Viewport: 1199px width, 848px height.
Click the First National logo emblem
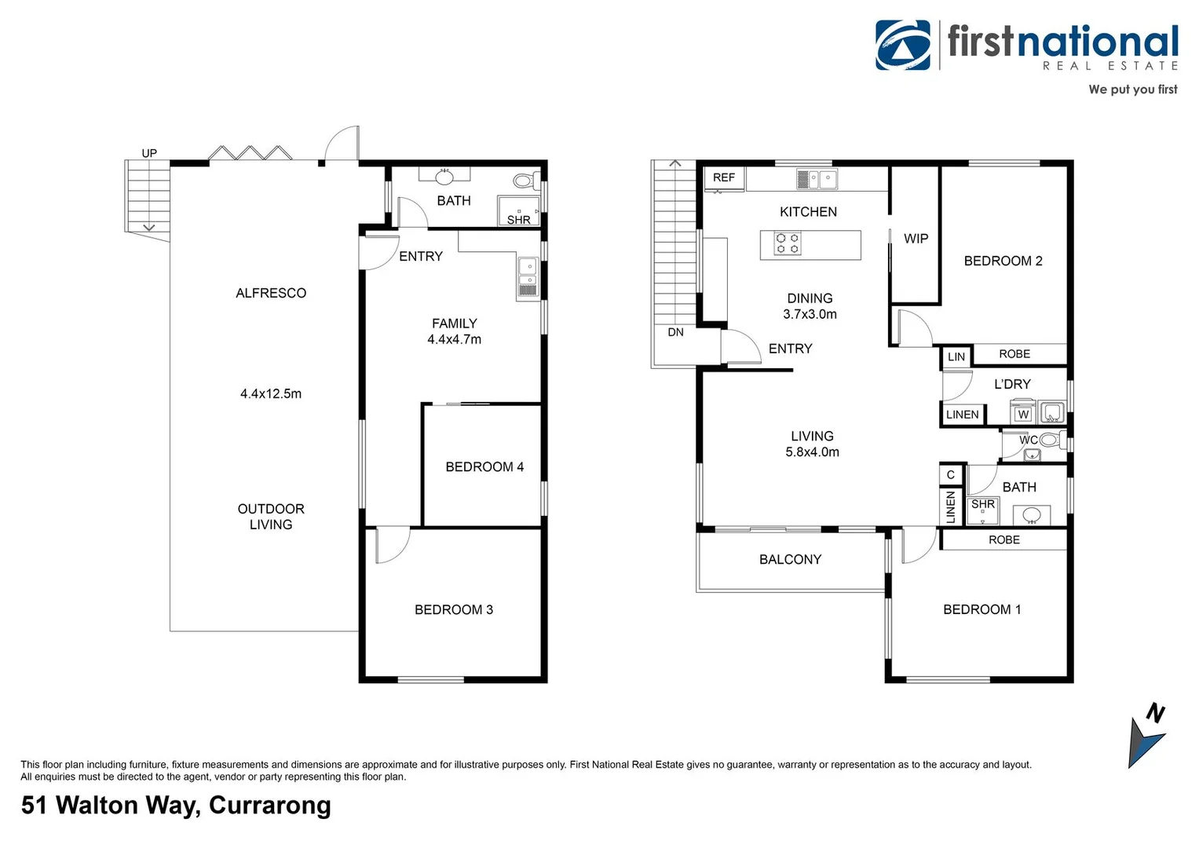click(x=903, y=46)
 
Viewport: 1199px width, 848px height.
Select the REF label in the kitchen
click(x=723, y=177)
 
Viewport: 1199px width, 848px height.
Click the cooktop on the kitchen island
click(x=788, y=243)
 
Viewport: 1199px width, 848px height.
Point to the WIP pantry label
click(x=916, y=239)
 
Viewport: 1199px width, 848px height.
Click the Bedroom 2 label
click(x=1003, y=261)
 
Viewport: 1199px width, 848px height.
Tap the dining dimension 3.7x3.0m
click(x=810, y=314)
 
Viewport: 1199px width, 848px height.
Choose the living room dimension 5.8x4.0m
click(x=812, y=452)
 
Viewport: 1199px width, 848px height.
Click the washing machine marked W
click(x=1022, y=414)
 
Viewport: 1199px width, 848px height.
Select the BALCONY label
click(x=790, y=559)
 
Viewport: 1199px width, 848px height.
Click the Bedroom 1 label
click(x=981, y=609)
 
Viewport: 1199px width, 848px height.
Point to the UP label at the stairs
click(x=149, y=153)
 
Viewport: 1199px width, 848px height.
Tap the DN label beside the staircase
click(x=675, y=332)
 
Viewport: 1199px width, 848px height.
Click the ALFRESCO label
click(x=271, y=293)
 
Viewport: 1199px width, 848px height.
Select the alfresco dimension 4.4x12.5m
click(x=271, y=393)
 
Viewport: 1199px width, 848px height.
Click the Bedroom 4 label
click(x=484, y=466)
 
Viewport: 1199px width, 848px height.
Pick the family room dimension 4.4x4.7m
click(x=454, y=339)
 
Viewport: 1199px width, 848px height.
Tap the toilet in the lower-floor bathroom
click(x=524, y=181)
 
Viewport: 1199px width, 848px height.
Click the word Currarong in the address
click(x=270, y=806)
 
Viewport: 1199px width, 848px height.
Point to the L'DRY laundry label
click(x=1012, y=384)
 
